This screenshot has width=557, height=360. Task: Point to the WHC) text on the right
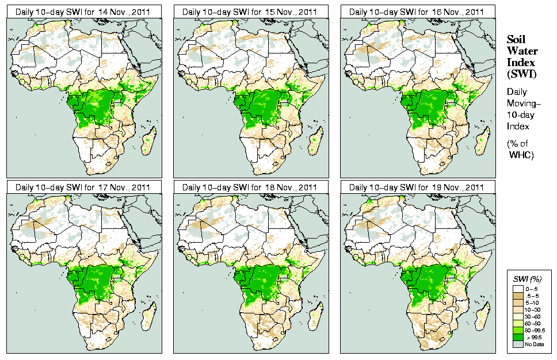click(x=521, y=155)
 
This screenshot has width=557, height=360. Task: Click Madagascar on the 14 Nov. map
click(x=148, y=143)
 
